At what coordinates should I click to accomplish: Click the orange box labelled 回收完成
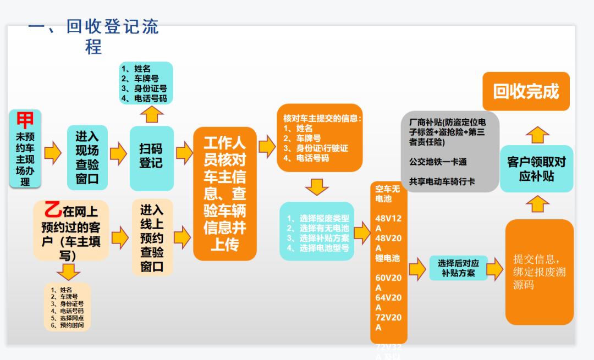pyautogui.click(x=526, y=91)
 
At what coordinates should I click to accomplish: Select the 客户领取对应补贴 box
pyautogui.click(x=536, y=169)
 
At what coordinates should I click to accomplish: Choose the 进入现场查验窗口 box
pyautogui.click(x=87, y=157)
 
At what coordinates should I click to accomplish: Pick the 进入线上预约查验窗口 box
pyautogui.click(x=152, y=237)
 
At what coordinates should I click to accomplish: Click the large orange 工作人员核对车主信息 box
pyautogui.click(x=224, y=193)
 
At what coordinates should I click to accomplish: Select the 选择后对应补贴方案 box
pyautogui.click(x=458, y=268)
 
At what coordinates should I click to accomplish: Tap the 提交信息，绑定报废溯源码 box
pyautogui.click(x=539, y=272)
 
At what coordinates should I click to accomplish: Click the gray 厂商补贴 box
pyautogui.click(x=450, y=152)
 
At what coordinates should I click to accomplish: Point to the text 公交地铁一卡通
pyautogui.click(x=438, y=162)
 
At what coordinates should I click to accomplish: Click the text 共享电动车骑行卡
pyautogui.click(x=442, y=181)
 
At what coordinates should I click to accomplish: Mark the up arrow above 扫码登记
pyautogui.click(x=151, y=114)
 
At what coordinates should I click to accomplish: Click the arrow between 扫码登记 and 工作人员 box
pyautogui.click(x=183, y=153)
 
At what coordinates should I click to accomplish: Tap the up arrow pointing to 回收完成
pyautogui.click(x=536, y=134)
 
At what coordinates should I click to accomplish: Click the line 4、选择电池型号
pyautogui.click(x=317, y=248)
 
